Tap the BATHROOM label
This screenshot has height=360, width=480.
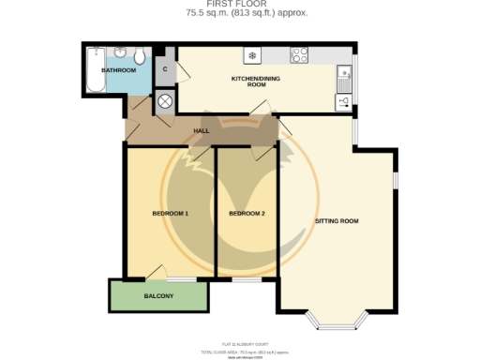[x=119, y=70]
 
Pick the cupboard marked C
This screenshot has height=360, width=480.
[x=165, y=69]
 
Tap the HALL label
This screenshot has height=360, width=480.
[x=201, y=130]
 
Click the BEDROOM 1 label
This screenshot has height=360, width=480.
[x=170, y=214]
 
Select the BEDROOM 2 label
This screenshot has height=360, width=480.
[x=247, y=214]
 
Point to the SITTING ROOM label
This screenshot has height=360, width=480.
[x=337, y=221]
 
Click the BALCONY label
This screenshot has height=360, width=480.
[x=157, y=296]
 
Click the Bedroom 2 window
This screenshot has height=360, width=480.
[x=247, y=278]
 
